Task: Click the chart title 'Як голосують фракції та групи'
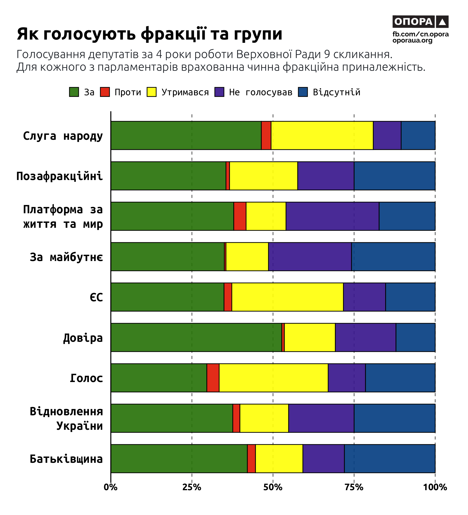pyautogui.click(x=150, y=34)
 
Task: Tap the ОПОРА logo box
pyautogui.click(x=420, y=22)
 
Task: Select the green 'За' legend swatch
pyautogui.click(x=74, y=92)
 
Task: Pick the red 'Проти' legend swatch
pyautogui.click(x=105, y=92)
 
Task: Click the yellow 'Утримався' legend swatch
pyautogui.click(x=152, y=92)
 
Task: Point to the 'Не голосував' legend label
pyautogui.click(x=260, y=92)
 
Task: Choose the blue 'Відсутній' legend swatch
pyautogui.click(x=303, y=92)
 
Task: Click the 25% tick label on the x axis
pyautogui.click(x=192, y=487)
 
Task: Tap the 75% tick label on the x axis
pyautogui.click(x=354, y=487)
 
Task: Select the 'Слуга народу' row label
pyautogui.click(x=63, y=136)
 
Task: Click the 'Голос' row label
pyautogui.click(x=86, y=378)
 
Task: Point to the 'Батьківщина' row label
pyautogui.click(x=66, y=459)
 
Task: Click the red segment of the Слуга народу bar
pyautogui.click(x=266, y=135)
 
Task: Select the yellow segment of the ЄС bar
pyautogui.click(x=288, y=297)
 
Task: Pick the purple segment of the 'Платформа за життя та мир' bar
pyautogui.click(x=333, y=216)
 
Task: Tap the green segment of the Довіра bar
pyautogui.click(x=196, y=338)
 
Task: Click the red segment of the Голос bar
pyautogui.click(x=213, y=378)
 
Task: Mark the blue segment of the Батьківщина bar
pyautogui.click(x=390, y=459)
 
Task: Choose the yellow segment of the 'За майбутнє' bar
pyautogui.click(x=247, y=257)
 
